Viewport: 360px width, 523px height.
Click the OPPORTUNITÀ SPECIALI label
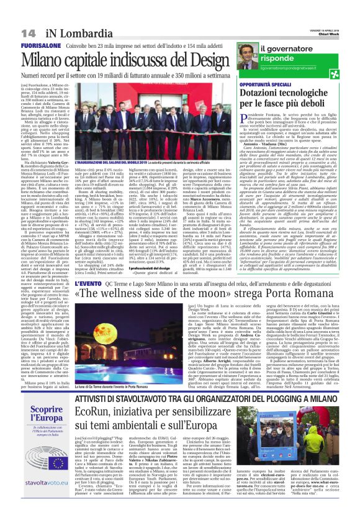click(284, 84)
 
